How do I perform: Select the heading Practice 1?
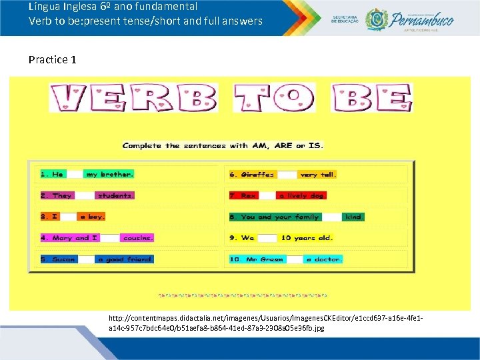click(53, 60)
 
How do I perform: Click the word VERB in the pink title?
click(133, 98)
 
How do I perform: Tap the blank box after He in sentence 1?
click(75, 174)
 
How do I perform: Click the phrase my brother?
click(109, 174)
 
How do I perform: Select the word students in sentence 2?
click(115, 195)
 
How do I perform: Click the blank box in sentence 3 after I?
click(69, 217)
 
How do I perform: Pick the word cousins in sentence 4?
click(137, 237)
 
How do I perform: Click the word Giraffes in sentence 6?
click(252, 174)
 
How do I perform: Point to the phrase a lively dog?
click(301, 195)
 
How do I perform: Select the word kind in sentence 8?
click(354, 217)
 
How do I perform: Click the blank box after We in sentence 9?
click(267, 237)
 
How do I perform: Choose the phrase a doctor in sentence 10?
click(323, 259)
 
